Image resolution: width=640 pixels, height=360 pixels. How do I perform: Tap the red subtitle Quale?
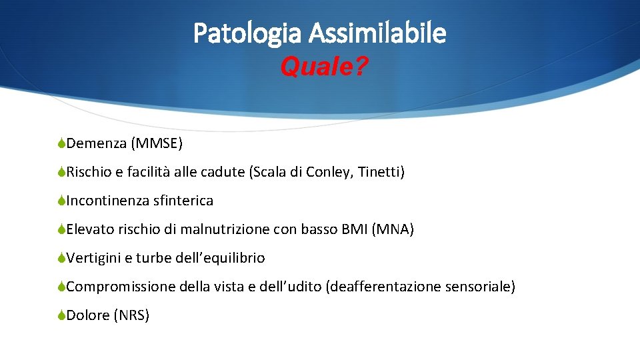323,67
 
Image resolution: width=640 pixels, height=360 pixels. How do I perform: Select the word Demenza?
97,143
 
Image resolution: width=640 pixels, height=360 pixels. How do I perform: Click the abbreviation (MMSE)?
157,143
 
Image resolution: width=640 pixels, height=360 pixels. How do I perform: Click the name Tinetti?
381,172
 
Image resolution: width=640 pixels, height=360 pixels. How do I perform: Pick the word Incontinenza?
107,201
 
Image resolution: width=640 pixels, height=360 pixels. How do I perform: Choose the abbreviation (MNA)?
393,230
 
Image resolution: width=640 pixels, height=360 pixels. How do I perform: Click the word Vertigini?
95,258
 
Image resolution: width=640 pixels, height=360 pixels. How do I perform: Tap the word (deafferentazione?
383,287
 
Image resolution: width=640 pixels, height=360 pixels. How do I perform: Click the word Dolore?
88,315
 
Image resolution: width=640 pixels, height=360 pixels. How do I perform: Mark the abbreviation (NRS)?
131,315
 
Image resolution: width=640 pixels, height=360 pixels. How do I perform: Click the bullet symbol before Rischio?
61,172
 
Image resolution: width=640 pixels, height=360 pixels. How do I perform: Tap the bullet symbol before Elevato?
61,230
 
